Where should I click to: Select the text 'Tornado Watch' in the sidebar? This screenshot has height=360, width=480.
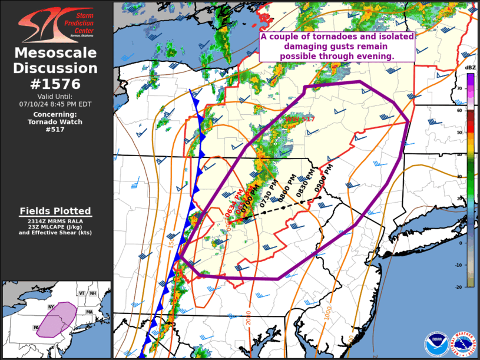[55, 122]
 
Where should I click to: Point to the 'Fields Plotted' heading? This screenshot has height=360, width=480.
[55, 211]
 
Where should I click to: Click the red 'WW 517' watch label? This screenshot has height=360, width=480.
[300, 119]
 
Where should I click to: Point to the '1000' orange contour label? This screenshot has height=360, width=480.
[328, 313]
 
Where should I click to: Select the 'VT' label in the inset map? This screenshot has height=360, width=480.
[83, 293]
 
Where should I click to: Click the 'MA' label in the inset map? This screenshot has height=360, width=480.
[89, 312]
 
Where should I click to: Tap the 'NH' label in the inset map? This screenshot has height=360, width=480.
[92, 293]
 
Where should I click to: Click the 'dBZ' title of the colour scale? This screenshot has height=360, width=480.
[470, 68]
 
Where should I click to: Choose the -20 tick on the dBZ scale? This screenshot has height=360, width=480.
[460, 286]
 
